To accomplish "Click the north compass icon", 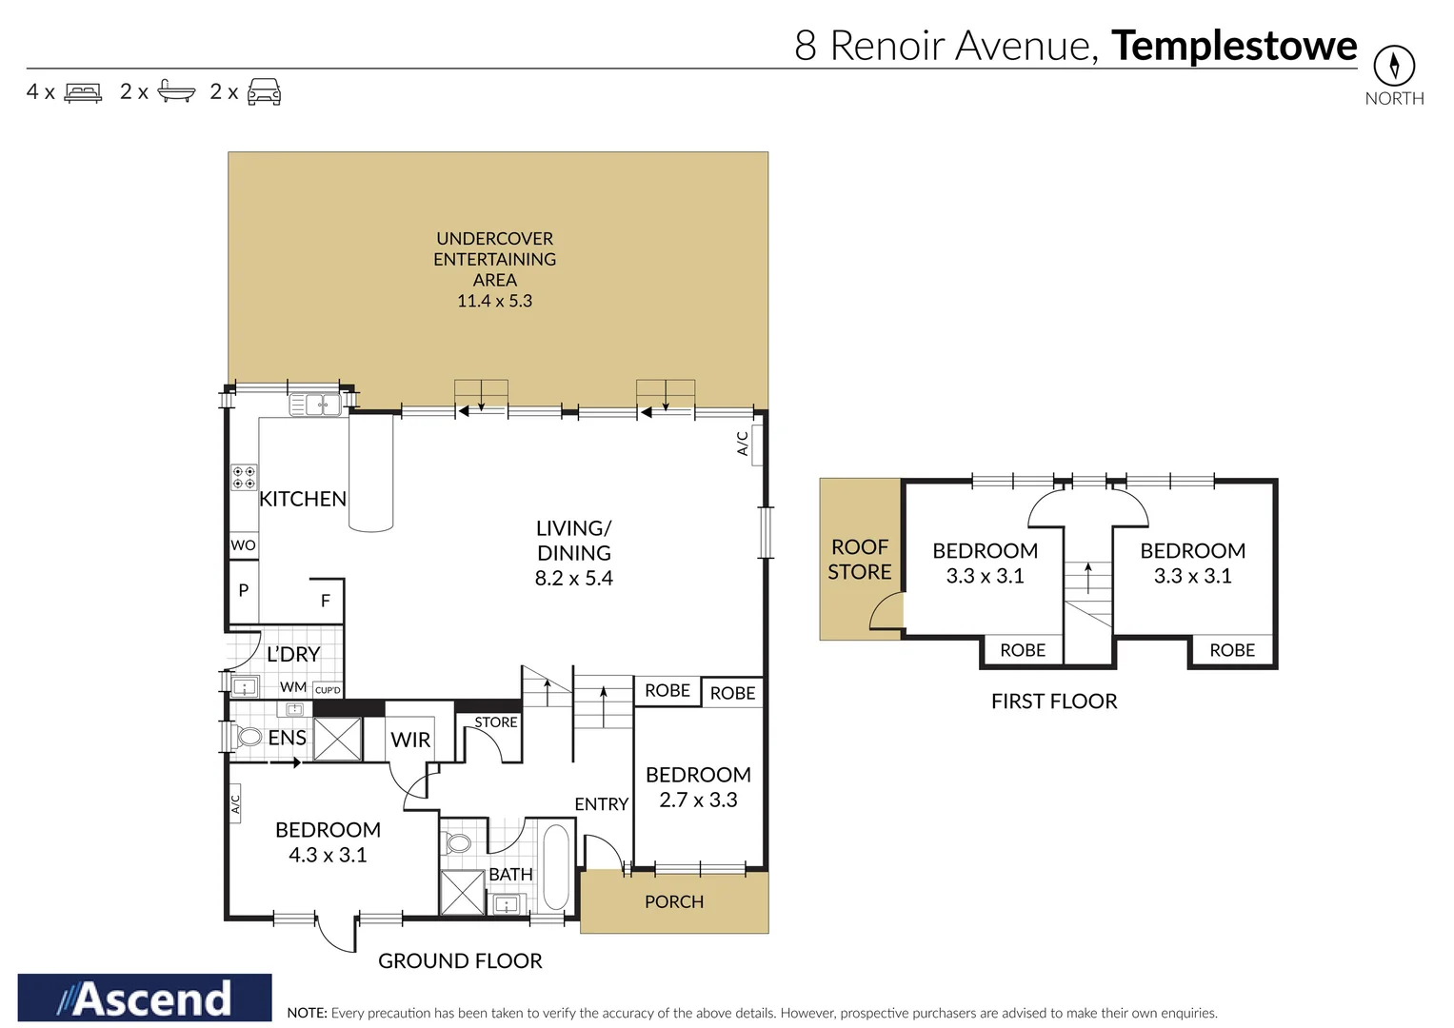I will (1393, 66).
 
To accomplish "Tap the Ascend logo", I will (145, 998).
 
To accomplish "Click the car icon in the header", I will (264, 92).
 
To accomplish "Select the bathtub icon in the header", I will (176, 92).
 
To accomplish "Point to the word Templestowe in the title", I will (1233, 46).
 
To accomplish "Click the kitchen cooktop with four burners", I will (244, 477).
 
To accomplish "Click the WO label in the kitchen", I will (243, 545).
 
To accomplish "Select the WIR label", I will (410, 740).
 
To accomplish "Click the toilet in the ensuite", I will (249, 737).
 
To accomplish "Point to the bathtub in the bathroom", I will (555, 867).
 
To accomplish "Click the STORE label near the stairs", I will (496, 722).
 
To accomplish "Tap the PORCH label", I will (674, 901).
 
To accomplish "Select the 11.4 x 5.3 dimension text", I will (494, 301).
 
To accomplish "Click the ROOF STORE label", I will (860, 560).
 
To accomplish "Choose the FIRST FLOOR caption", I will (1054, 702).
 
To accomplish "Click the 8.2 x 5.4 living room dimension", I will (573, 578).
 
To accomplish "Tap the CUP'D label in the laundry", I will (328, 690).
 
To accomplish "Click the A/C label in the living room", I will (743, 444).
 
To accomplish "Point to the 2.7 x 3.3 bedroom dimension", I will (698, 800).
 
